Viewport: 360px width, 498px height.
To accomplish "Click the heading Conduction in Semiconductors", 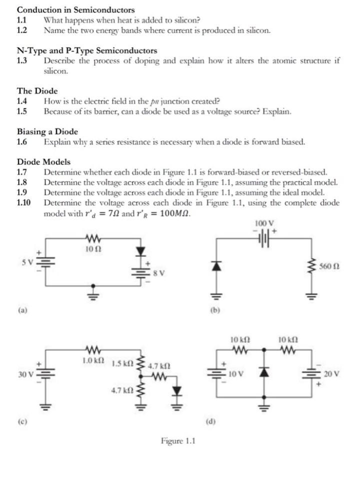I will point(75,10).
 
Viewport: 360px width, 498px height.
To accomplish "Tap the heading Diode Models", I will point(43,162).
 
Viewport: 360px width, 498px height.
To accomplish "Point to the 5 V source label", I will point(26,262).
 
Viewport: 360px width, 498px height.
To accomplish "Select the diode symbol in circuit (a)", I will point(141,251).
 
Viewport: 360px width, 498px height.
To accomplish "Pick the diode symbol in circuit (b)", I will point(216,267).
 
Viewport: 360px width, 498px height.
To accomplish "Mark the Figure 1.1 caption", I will point(178,440).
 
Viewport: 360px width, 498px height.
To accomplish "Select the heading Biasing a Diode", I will point(47,132).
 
